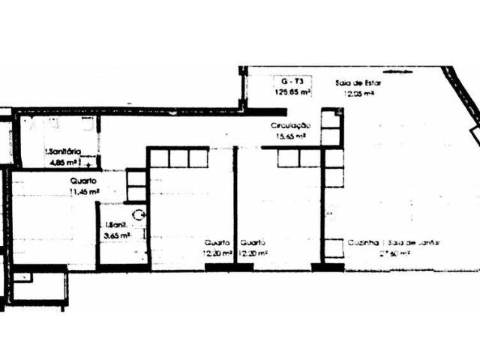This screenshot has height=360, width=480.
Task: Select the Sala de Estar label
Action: pyautogui.click(x=363, y=82)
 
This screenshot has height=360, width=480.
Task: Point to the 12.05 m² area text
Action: pyautogui.click(x=358, y=94)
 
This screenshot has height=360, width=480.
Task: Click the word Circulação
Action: pyautogui.click(x=290, y=126)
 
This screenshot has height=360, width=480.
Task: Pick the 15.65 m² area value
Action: pyautogui.click(x=289, y=136)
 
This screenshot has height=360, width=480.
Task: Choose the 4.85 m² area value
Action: pyautogui.click(x=64, y=161)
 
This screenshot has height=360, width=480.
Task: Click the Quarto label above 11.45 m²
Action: pyautogui.click(x=83, y=181)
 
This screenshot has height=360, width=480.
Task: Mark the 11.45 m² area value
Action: pyautogui.click(x=84, y=192)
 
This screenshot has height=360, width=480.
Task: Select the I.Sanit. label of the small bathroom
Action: pyautogui.click(x=115, y=224)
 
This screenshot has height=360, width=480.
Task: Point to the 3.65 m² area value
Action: pyautogui.click(x=117, y=235)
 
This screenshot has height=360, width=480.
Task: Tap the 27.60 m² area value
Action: pyautogui.click(x=394, y=254)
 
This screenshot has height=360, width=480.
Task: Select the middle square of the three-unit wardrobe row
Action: pyautogui.click(x=178, y=158)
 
